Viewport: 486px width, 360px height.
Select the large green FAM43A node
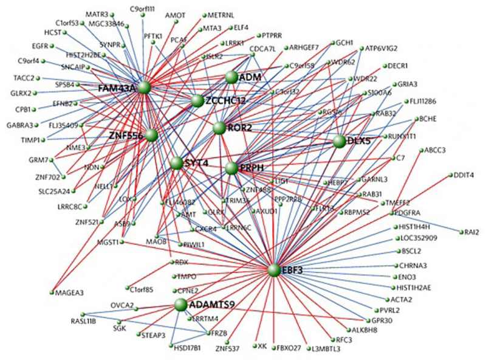pos(144,88)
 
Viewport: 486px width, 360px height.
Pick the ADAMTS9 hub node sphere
pos(180,304)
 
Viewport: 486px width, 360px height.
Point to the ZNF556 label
pos(126,136)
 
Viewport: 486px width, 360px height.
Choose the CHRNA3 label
pos(413,265)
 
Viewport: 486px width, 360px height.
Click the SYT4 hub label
pos(196,162)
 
